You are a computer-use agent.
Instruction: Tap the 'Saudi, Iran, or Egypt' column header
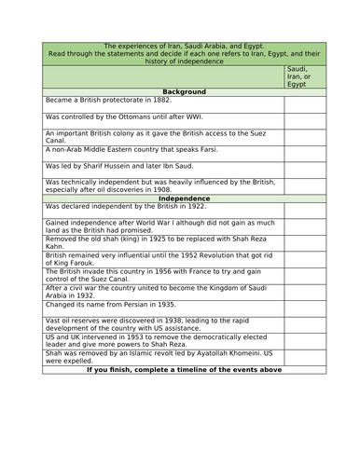pos(303,75)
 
